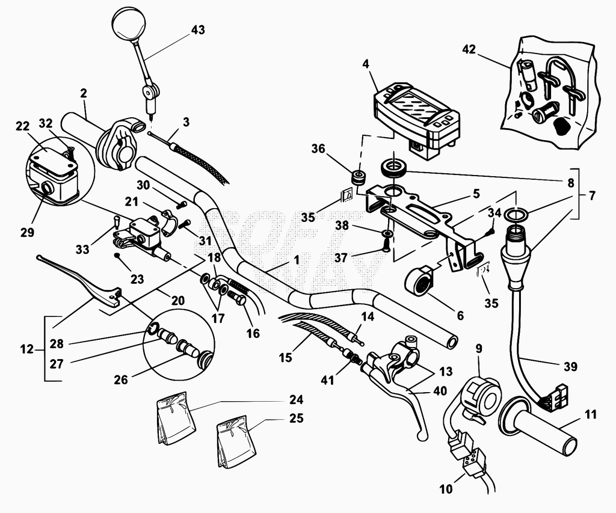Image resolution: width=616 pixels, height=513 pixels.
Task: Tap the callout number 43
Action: click(198, 30)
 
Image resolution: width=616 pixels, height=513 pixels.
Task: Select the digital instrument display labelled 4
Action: click(416, 118)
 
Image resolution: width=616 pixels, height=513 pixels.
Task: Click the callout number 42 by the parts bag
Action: click(469, 49)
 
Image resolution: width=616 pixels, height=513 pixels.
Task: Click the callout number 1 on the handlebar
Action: click(296, 260)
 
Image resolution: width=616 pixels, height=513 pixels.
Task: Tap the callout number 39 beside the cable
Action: click(570, 366)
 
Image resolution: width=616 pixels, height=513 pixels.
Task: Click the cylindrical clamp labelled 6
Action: click(420, 280)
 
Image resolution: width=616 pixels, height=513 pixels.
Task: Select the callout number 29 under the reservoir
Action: click(28, 232)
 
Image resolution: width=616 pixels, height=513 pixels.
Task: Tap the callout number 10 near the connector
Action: click(446, 489)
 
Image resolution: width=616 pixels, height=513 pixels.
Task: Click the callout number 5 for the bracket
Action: click(476, 194)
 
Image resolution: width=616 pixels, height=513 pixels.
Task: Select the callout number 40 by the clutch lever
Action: click(440, 392)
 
